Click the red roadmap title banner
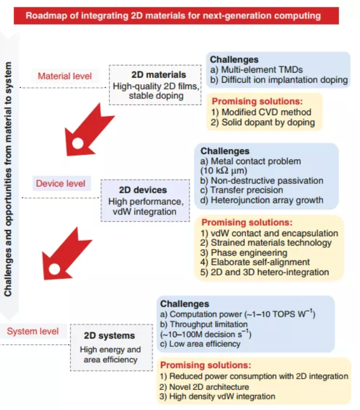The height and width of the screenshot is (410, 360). coord(176,16)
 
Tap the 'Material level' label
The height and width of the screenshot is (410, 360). coord(65,76)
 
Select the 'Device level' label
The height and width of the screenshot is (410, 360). coord(60,183)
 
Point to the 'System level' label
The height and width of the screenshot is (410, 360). coord(33,331)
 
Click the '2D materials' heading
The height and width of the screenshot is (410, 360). coord(159,74)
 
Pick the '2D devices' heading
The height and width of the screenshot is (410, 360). coord(143,190)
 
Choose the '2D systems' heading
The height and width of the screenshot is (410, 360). coord(110,336)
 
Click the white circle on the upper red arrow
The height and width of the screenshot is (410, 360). coord(78,144)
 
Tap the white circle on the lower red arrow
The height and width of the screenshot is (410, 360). coord(54,269)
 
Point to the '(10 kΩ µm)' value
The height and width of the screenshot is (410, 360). coord(224,171)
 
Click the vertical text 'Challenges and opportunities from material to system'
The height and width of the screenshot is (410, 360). coord(8,179)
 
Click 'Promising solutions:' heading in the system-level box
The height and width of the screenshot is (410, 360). coord(206,365)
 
